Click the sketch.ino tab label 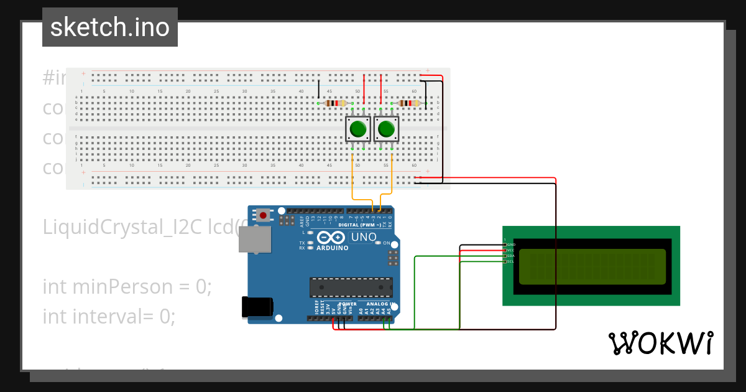pos(109,27)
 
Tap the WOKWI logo pos(660,343)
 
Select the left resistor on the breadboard pos(335,103)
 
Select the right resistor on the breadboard pos(409,103)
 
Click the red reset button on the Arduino pos(264,216)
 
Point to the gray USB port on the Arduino pos(255,240)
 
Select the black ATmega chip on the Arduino pos(351,287)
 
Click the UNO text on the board pos(364,237)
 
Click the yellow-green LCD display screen pos(592,266)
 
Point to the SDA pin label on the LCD pos(510,256)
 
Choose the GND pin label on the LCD pos(511,245)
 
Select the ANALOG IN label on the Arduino pos(380,304)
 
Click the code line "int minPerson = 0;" pos(127,287)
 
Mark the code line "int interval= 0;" pos(109,317)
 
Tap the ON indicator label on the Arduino pos(386,243)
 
